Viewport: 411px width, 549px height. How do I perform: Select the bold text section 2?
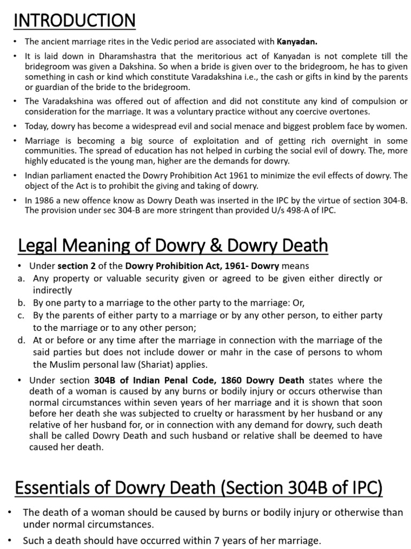tap(75, 266)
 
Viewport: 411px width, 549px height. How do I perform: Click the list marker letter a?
tap(19, 279)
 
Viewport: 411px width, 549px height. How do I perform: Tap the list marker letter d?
tap(20, 340)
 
